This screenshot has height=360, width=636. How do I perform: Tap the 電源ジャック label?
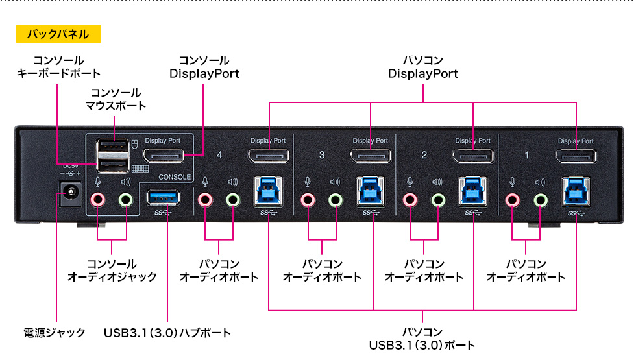point(55,333)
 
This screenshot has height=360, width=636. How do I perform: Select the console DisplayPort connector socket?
point(163,156)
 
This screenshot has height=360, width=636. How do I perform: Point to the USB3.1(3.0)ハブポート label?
point(167,333)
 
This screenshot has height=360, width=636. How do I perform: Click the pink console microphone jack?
point(97,199)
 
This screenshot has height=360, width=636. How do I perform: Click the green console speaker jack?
point(126,199)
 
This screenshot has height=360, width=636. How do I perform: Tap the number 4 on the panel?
point(219,156)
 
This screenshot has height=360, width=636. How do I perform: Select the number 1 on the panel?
point(526,156)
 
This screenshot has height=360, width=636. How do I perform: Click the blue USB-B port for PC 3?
point(371,192)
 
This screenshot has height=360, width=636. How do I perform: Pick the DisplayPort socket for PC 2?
point(472,156)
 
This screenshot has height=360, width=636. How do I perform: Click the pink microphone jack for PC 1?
point(513,199)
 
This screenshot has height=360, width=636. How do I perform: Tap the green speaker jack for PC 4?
point(233,199)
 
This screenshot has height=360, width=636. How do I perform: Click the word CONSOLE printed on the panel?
point(175,177)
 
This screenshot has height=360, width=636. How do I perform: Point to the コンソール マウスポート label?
point(116,99)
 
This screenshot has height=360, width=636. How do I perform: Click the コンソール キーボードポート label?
point(58,67)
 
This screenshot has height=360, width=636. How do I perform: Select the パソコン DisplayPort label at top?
point(423,67)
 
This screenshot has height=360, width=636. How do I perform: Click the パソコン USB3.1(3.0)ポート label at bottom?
point(422,339)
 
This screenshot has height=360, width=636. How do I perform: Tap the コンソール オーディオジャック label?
point(112,270)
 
